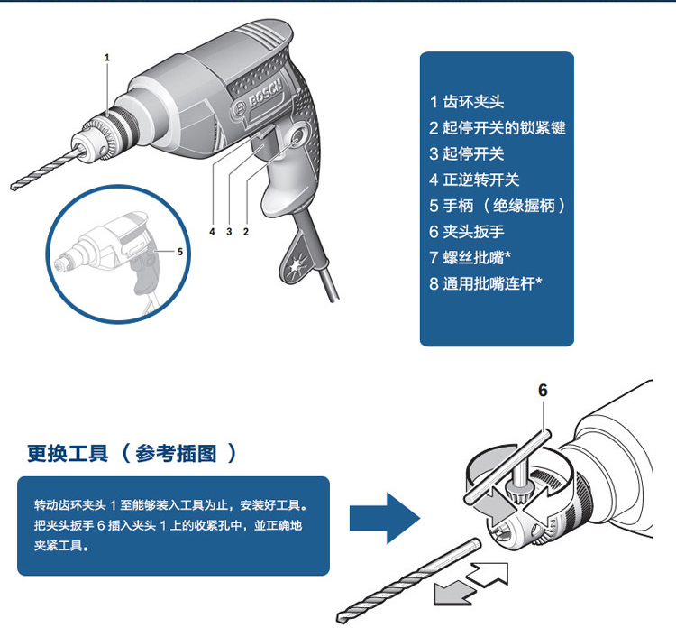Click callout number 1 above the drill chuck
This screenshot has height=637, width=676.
coord(107,58)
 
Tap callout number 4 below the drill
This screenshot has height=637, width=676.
coord(212,232)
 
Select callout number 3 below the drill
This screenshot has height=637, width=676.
coord(229,232)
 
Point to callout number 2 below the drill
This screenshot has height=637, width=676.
coord(246,232)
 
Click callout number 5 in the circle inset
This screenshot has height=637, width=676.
coord(180,252)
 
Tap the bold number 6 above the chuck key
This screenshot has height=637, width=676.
coord(543,391)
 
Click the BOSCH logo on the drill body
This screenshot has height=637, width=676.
coord(259,98)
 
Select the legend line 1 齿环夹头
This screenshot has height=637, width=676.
coord(467,102)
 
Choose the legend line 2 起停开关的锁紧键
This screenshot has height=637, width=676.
coord(497,128)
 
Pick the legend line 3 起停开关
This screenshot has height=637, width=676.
coord(467,154)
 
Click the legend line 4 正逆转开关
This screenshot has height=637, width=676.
coord(474,180)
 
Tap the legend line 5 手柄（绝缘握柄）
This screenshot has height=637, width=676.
coord(498,206)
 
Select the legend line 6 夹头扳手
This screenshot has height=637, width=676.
coord(467,232)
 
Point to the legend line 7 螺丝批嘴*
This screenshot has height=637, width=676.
coord(470,258)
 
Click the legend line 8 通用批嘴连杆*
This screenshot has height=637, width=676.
coord(486,283)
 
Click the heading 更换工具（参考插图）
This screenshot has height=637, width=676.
coord(132,454)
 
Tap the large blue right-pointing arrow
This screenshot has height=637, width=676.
coord(385,518)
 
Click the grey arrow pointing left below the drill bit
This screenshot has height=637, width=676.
coord(455,593)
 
